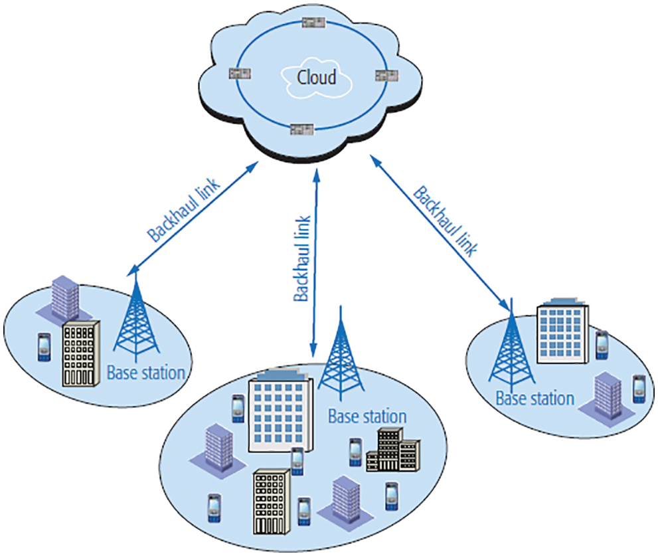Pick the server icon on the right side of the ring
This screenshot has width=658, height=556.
(x=386, y=76)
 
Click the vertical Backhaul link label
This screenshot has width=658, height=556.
(x=303, y=258)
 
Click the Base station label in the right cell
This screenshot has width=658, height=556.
(x=535, y=399)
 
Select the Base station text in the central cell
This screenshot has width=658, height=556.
(x=367, y=417)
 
